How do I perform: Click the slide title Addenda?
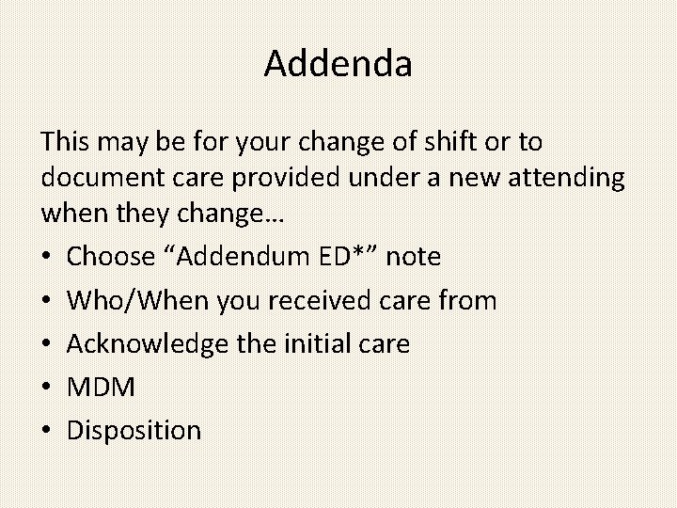tap(338, 64)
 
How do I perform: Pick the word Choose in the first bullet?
tap(110, 256)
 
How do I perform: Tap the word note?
tap(414, 256)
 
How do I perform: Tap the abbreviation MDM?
tap(102, 387)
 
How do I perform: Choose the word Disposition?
tap(134, 431)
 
